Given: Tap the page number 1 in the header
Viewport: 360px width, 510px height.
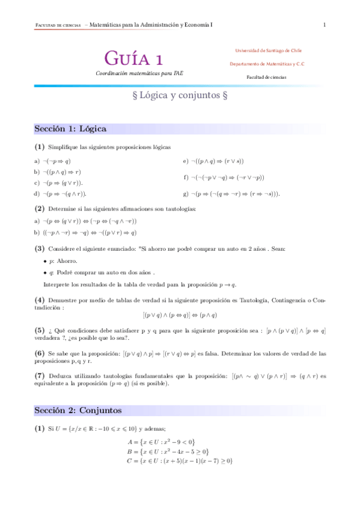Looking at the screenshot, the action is click(x=325, y=25).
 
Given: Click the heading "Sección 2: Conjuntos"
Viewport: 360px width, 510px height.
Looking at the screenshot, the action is click(x=78, y=410).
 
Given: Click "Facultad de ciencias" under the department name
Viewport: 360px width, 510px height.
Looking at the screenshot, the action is click(x=266, y=77).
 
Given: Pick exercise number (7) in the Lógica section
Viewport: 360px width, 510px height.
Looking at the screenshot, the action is click(x=40, y=376).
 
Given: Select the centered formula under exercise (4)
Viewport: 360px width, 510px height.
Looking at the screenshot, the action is click(x=180, y=315).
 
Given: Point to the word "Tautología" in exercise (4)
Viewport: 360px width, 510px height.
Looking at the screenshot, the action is click(x=256, y=300).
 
